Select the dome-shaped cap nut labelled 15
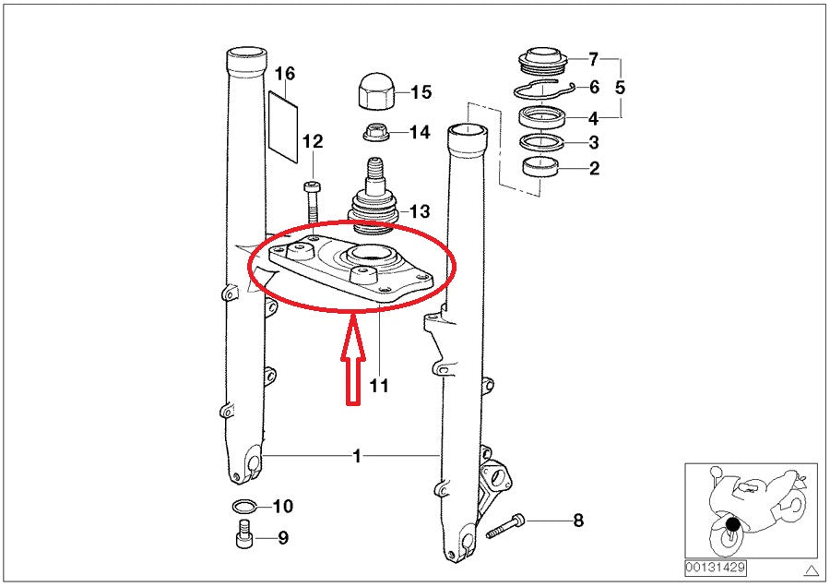(376, 92)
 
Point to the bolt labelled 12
(312, 199)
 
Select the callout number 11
(379, 386)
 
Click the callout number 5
(620, 89)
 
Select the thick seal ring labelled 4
(546, 118)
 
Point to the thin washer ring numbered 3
(544, 142)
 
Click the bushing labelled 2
(540, 167)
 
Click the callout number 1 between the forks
(356, 456)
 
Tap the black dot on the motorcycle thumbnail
(732, 526)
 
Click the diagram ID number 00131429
(715, 568)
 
